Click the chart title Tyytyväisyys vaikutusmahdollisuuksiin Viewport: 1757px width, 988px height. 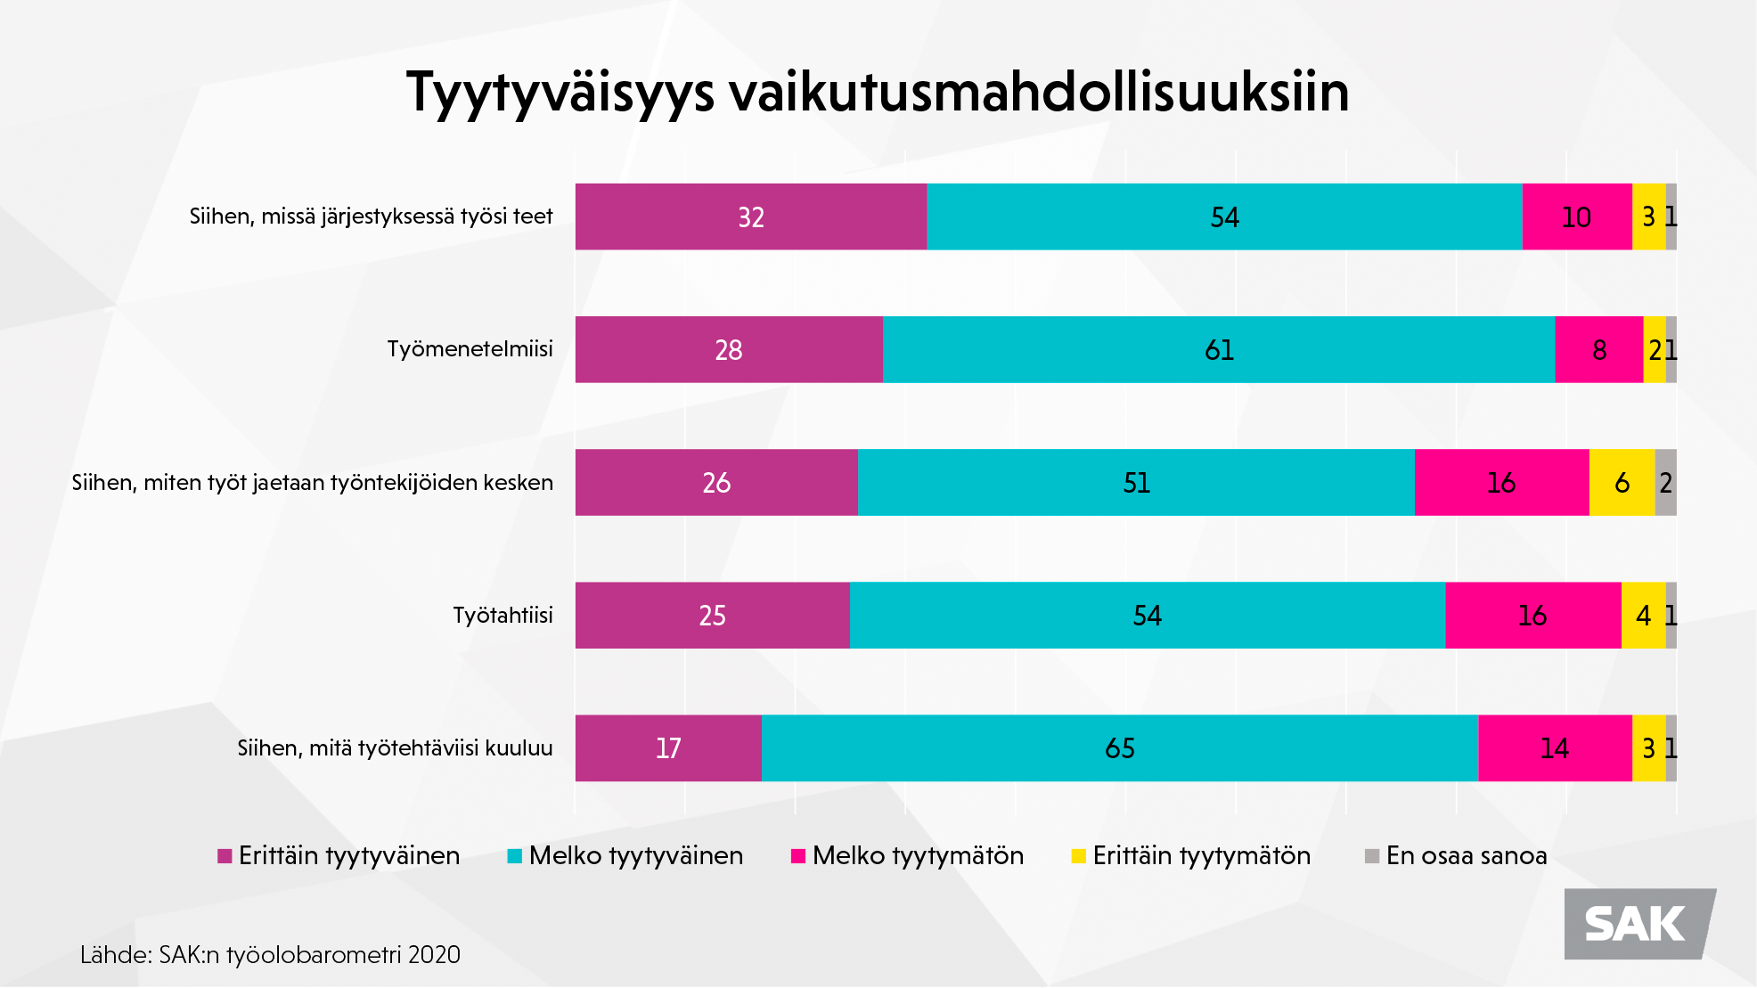pyautogui.click(x=878, y=92)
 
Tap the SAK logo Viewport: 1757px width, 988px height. pyautogui.click(x=1638, y=924)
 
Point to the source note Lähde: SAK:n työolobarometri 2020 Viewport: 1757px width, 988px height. pyautogui.click(x=270, y=955)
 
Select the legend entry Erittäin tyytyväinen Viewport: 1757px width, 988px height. pyautogui.click(x=339, y=856)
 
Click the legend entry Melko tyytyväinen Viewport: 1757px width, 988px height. pyautogui.click(x=625, y=856)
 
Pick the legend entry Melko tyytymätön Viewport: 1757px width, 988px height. pyautogui.click(x=908, y=856)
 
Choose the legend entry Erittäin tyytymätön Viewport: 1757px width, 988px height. pyautogui.click(x=1191, y=856)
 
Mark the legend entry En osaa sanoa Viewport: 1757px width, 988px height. pyautogui.click(x=1456, y=856)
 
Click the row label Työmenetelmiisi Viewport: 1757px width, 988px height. pyautogui.click(x=470, y=349)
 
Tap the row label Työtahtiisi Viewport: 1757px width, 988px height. pyautogui.click(x=503, y=616)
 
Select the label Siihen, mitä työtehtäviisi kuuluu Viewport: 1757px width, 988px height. pyautogui.click(x=395, y=748)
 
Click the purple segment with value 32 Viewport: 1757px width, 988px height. pyautogui.click(x=750, y=216)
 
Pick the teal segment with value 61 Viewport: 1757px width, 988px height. pyautogui.click(x=1219, y=349)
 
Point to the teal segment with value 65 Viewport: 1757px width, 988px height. pyautogui.click(x=1120, y=748)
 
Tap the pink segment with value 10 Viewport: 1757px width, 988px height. pyautogui.click(x=1576, y=216)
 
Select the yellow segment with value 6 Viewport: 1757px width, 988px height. pyautogui.click(x=1622, y=483)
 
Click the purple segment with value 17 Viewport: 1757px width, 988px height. pyautogui.click(x=668, y=748)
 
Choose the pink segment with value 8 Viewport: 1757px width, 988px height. pyautogui.click(x=1598, y=349)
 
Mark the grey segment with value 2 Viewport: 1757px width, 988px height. pyautogui.click(x=1665, y=483)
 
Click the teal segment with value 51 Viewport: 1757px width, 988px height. pyautogui.click(x=1136, y=483)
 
